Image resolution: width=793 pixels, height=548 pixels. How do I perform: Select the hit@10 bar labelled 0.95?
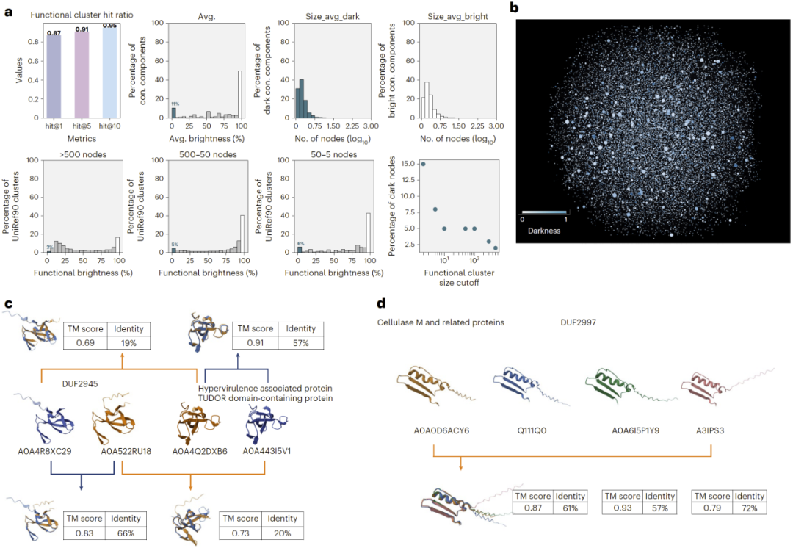[109, 71]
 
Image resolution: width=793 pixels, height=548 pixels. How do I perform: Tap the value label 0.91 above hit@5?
[82, 30]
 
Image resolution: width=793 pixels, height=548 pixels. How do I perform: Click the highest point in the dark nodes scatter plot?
[423, 164]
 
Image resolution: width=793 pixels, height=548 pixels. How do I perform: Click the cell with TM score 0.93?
[619, 508]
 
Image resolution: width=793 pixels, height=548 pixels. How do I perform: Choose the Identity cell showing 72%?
[746, 508]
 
